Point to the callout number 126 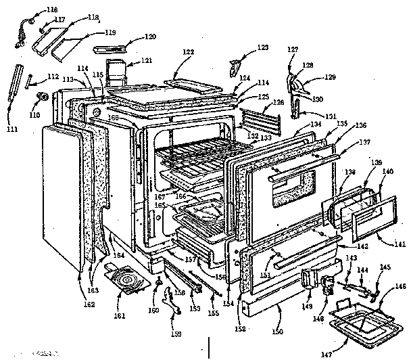pos(276,102)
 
